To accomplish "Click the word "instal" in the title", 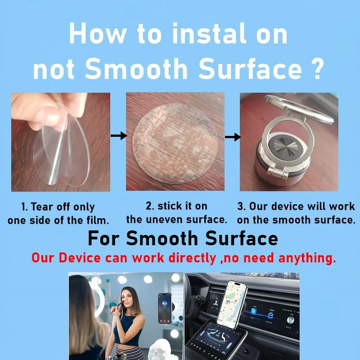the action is coord(209,33).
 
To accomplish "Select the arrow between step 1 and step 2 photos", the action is coord(119,136).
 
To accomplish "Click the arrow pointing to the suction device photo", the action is coord(233,137).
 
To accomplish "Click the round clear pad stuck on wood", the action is coord(175,144).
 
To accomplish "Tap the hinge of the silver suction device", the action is coord(278,172).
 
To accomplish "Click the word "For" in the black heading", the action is coord(103,238).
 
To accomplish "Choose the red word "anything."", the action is coord(307,258).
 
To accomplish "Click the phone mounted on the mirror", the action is coord(165,308).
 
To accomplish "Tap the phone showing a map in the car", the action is coord(232,304).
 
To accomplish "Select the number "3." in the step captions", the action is coord(242,206).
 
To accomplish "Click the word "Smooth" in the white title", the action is coord(136,68).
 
